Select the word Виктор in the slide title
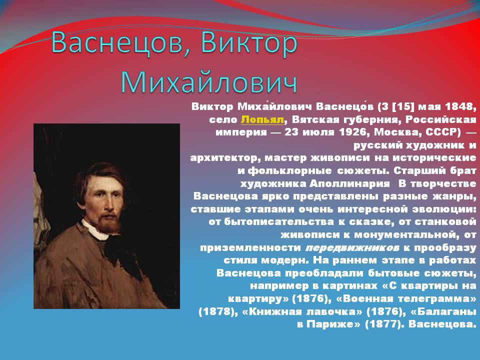(x=248, y=44)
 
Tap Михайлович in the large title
(x=209, y=82)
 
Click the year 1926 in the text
(x=364, y=132)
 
